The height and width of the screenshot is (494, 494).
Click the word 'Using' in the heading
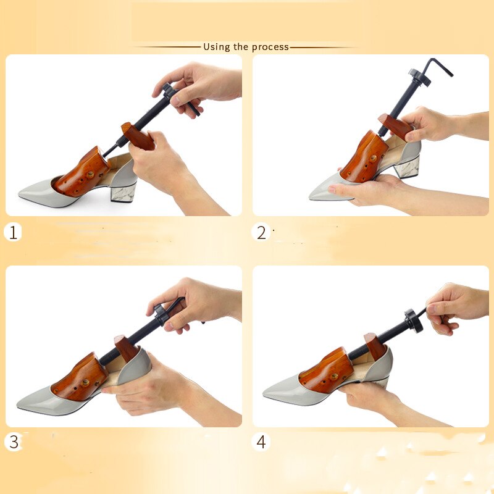click(x=216, y=47)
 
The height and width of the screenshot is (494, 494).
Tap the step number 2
click(x=261, y=233)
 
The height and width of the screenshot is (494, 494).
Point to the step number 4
click(x=262, y=442)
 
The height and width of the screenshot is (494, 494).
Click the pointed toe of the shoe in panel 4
click(x=269, y=391)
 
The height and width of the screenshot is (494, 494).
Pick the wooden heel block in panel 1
click(x=138, y=136)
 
